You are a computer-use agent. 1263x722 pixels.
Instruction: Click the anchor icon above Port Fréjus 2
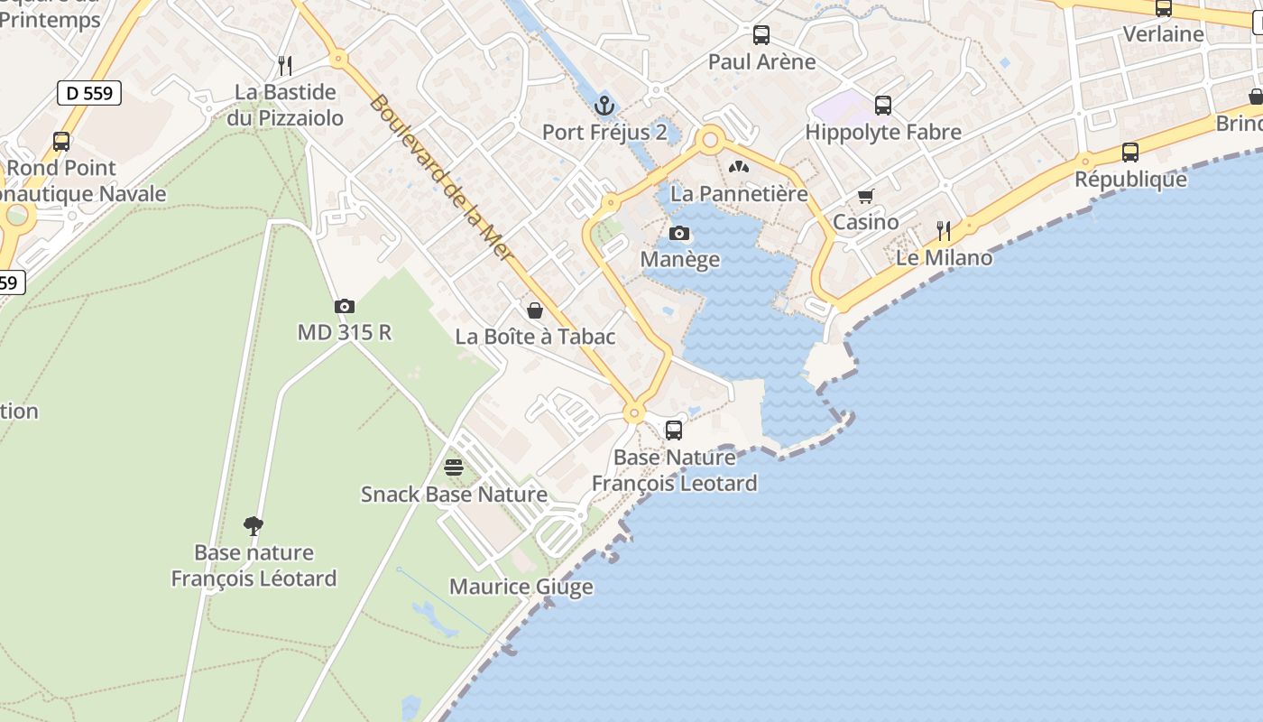(x=604, y=106)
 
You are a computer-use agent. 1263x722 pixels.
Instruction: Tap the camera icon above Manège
(x=679, y=234)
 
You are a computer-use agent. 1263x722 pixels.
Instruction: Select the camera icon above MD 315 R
(x=344, y=307)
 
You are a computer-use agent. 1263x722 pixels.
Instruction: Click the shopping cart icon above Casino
(x=866, y=196)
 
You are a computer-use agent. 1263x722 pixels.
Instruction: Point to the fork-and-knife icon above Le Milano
(x=944, y=231)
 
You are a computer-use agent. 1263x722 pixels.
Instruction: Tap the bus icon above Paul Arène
(x=761, y=35)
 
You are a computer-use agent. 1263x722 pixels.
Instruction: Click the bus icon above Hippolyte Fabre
(x=883, y=106)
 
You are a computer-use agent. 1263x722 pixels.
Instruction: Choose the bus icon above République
(x=1130, y=153)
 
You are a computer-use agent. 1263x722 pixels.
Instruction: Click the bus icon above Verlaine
(x=1164, y=8)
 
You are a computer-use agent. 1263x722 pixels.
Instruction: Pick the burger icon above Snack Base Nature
(x=454, y=467)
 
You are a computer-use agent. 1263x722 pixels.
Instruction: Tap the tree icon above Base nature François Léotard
(x=254, y=525)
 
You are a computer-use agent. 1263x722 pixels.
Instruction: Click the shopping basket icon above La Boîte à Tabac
(x=535, y=310)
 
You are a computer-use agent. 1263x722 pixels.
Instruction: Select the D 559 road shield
(x=89, y=92)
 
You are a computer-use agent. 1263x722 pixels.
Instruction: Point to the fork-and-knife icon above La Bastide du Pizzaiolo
(x=285, y=65)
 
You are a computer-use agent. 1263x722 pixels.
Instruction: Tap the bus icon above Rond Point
(x=61, y=142)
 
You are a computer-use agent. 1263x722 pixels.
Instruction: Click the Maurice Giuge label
(x=521, y=587)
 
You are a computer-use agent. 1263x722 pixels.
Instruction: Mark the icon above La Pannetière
(x=739, y=167)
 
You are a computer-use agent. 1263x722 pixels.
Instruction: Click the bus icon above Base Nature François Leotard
(x=674, y=430)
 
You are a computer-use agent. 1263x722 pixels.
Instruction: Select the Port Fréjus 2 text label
(x=604, y=133)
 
